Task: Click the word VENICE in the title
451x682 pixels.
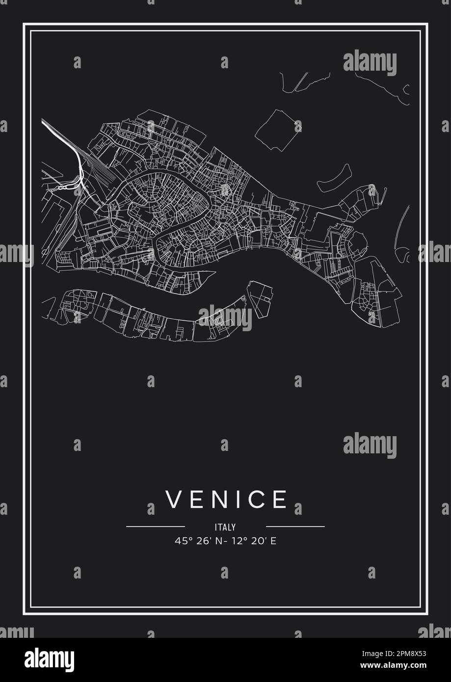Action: coord(226,499)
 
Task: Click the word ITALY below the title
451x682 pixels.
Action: coord(225,527)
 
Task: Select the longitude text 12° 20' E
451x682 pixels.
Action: coord(254,541)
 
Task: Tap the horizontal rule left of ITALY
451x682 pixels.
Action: coord(156,526)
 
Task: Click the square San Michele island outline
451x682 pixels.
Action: coord(275,131)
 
